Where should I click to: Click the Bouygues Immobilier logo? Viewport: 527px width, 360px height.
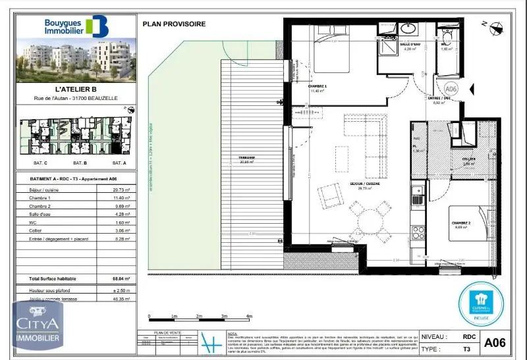pyautogui.click(x=75, y=26)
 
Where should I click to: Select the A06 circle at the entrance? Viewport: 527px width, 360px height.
pyautogui.click(x=451, y=88)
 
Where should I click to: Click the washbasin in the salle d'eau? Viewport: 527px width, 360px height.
pyautogui.click(x=408, y=29)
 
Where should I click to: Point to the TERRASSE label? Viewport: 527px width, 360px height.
pyautogui.click(x=246, y=158)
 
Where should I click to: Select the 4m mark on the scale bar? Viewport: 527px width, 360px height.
pyautogui.click(x=249, y=317)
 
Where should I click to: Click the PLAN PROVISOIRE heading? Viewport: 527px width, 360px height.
pyautogui.click(x=174, y=24)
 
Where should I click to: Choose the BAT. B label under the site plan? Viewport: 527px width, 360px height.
pyautogui.click(x=80, y=163)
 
